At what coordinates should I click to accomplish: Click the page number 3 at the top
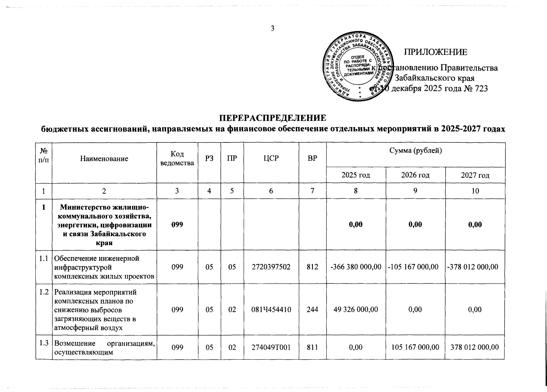click(272, 28)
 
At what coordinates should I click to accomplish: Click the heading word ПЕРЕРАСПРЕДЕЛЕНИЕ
click(273, 118)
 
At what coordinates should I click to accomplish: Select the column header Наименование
click(104, 159)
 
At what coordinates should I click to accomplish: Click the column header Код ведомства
click(177, 158)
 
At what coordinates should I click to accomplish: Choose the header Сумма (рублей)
click(416, 151)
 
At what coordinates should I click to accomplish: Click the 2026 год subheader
click(416, 175)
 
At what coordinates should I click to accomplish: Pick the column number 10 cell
click(475, 191)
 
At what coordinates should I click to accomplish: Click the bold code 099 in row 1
click(177, 225)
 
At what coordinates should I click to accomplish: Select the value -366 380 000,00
click(356, 267)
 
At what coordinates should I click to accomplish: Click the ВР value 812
click(313, 267)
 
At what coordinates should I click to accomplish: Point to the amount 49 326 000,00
click(356, 309)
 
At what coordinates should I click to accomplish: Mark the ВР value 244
click(313, 309)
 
